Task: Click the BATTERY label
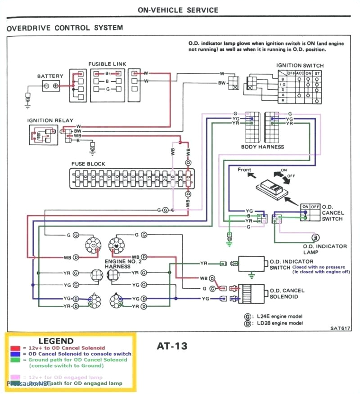[50, 76]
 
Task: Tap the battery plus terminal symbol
[55, 86]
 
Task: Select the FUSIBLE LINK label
[107, 64]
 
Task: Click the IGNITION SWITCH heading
[300, 66]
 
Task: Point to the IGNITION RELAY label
[47, 121]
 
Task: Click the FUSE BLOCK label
[88, 164]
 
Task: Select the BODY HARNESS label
[263, 147]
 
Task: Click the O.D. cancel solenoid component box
[252, 292]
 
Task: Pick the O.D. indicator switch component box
[252, 264]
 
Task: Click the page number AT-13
[172, 346]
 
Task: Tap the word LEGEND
[56, 341]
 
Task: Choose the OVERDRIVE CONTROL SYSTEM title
[65, 28]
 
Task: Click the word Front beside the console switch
[244, 170]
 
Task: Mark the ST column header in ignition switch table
[318, 73]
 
